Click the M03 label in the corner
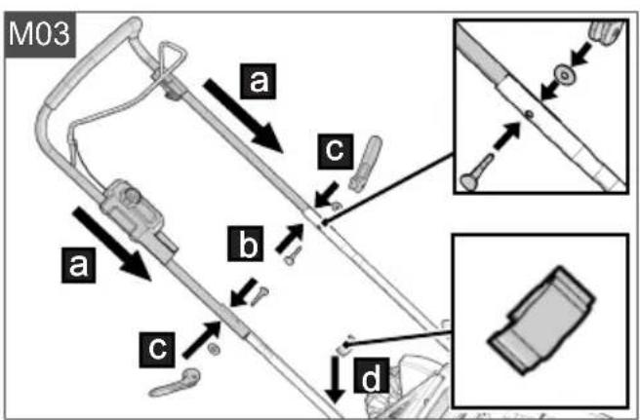click(x=40, y=34)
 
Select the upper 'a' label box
click(x=258, y=81)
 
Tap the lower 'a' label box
click(x=79, y=265)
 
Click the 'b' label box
click(x=245, y=244)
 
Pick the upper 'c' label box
click(x=336, y=151)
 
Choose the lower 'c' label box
click(x=157, y=350)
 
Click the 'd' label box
click(x=372, y=375)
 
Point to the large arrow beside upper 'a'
click(x=243, y=116)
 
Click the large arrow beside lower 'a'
click(x=112, y=244)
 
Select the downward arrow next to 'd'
click(x=336, y=380)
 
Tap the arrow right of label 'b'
click(x=290, y=239)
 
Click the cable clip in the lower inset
click(x=541, y=320)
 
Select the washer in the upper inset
click(x=564, y=75)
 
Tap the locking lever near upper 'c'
click(x=365, y=164)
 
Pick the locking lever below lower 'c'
click(x=175, y=383)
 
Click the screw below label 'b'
click(x=294, y=255)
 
